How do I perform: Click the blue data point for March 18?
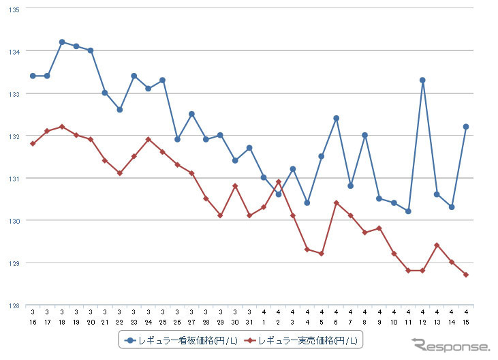point(62,42)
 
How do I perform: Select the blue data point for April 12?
point(422,80)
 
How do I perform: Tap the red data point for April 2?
point(279,182)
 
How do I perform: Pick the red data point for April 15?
point(466,275)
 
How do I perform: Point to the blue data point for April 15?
point(466,127)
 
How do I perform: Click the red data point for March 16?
point(33,144)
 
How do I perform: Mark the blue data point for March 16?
point(33,76)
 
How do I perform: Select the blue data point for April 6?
point(336,119)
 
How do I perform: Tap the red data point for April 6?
point(336,202)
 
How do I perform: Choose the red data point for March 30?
point(235,186)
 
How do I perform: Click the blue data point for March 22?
point(120,110)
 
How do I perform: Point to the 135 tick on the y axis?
point(14,10)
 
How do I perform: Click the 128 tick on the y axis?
point(14,305)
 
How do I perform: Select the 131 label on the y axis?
point(14,179)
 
